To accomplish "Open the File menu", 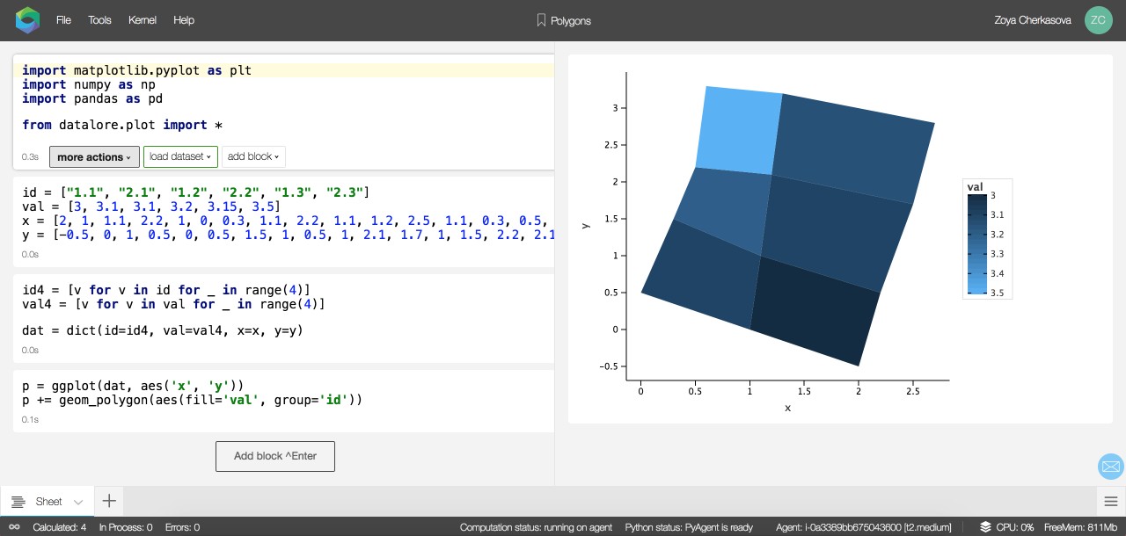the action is click(63, 20).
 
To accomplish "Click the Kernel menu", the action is click(143, 20).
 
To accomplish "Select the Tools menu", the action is click(99, 20).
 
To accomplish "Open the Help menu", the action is click(184, 20).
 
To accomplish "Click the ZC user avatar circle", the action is click(1099, 20).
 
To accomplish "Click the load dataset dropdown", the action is click(180, 156).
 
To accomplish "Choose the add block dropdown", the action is click(253, 156).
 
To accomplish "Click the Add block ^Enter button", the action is click(275, 456).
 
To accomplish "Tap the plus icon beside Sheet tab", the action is click(109, 501).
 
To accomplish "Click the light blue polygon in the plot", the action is click(739, 131).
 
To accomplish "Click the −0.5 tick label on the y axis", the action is click(609, 366).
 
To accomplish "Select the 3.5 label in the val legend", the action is click(998, 293).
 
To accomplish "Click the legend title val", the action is click(976, 187).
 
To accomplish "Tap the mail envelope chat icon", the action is click(1111, 467).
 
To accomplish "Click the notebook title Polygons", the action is click(571, 20).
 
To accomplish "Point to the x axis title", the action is click(787, 408).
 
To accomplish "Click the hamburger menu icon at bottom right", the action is click(1111, 501).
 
